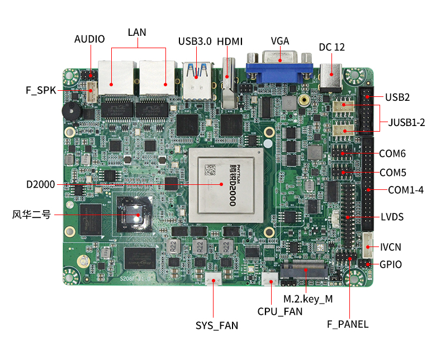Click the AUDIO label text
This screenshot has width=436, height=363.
pyautogui.click(x=89, y=39)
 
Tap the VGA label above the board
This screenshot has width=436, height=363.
pyautogui.click(x=280, y=41)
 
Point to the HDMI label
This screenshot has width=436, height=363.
pyautogui.click(x=230, y=41)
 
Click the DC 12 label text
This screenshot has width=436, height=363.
pyautogui.click(x=332, y=47)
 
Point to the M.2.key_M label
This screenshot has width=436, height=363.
pyautogui.click(x=308, y=299)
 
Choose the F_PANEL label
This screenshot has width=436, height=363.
pyautogui.click(x=348, y=324)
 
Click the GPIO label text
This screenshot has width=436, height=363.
pyautogui.click(x=391, y=265)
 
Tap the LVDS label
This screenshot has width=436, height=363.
pyautogui.click(x=392, y=217)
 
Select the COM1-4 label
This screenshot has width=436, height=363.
pyautogui.click(x=406, y=190)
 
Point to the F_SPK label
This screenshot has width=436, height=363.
pyautogui.click(x=41, y=90)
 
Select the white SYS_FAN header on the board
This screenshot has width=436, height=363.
pyautogui.click(x=212, y=279)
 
